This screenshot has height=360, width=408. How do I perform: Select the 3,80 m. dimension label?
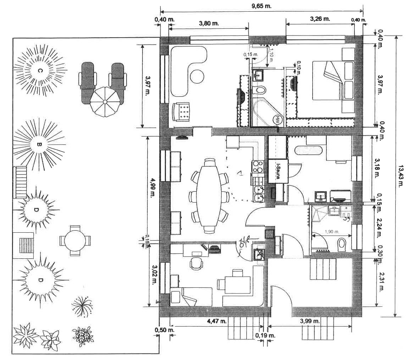coord(209,23)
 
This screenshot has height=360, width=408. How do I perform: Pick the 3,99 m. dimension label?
coord(310,321)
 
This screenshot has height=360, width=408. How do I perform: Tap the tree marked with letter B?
coord(39,144)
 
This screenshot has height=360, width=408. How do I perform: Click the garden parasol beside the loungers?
coord(105,102)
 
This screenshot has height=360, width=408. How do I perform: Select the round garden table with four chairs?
coord(75,240)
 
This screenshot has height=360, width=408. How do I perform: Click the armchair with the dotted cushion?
coord(182,112)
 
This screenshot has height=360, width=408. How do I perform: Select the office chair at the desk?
coord(196,263)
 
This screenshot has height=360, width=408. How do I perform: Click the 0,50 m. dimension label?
coord(161,330)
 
